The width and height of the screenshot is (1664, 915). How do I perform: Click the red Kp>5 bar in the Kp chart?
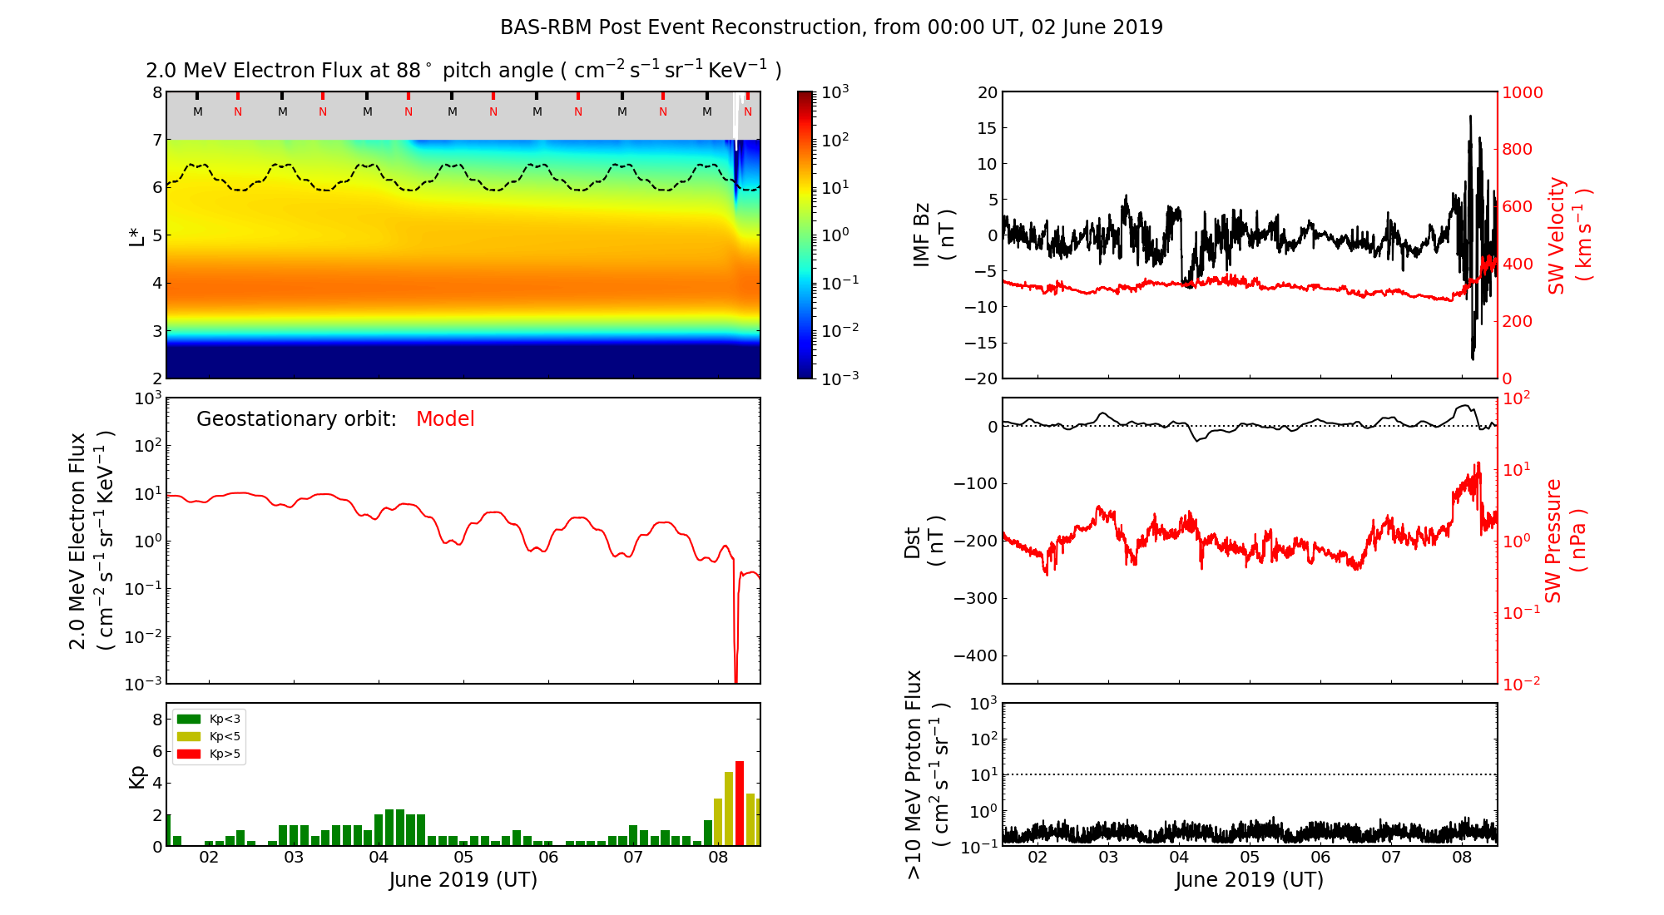click(x=740, y=804)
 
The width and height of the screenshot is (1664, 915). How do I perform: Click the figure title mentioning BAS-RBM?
click(x=831, y=27)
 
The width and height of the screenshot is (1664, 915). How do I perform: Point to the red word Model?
click(x=445, y=419)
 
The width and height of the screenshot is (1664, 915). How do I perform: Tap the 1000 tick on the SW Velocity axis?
click(x=1522, y=92)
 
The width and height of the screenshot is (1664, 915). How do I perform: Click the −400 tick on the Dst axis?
click(x=975, y=655)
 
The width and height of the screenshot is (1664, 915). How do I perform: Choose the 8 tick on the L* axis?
click(x=157, y=92)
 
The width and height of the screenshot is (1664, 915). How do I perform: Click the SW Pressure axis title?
click(x=1564, y=541)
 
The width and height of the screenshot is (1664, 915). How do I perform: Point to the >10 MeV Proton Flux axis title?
click(x=926, y=774)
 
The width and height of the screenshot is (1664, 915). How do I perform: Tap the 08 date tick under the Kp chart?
click(x=718, y=858)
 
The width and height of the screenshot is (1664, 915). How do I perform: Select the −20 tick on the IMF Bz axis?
click(x=981, y=378)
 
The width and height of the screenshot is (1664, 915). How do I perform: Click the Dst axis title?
click(x=924, y=541)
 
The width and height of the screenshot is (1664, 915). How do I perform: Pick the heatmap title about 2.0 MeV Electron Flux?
click(x=463, y=71)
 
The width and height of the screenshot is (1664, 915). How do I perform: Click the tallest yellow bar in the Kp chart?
click(x=729, y=809)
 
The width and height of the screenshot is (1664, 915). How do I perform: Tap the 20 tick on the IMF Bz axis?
click(x=988, y=92)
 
